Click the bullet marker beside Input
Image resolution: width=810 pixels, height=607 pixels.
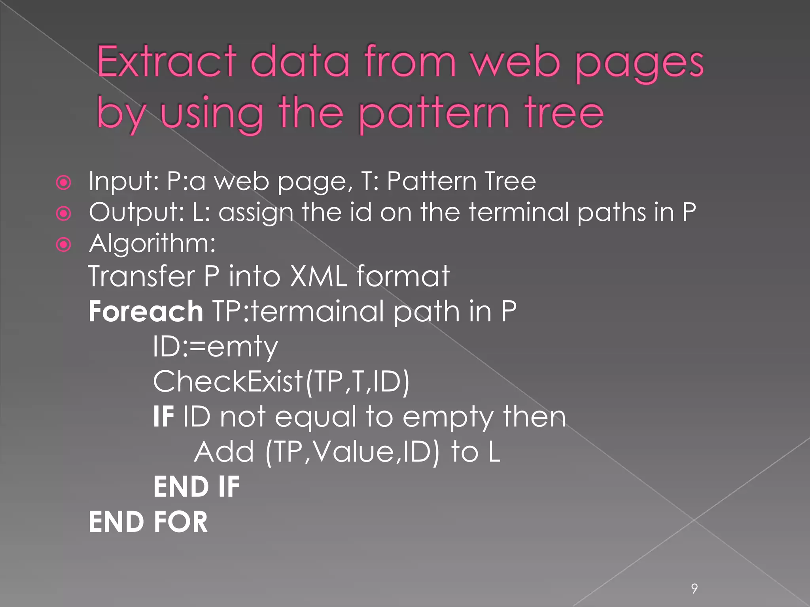pos(64,183)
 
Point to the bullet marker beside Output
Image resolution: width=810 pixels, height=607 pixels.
pos(64,214)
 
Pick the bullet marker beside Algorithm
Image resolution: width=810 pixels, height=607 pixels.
pos(64,245)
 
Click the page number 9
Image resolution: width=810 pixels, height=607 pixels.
pos(694,588)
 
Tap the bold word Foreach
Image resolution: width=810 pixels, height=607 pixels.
pos(146,311)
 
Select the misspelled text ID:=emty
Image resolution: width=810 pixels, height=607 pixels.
pos(216,347)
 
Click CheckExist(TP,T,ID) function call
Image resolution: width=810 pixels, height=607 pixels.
pos(281,382)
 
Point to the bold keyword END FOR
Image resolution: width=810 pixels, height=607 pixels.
pos(148,522)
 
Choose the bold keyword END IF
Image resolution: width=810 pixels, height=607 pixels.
pos(197,486)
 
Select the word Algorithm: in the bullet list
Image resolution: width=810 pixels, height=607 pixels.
pos(153,243)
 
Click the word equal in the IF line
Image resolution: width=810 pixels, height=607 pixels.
pos(316,417)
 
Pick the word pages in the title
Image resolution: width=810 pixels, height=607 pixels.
pos(639,63)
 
